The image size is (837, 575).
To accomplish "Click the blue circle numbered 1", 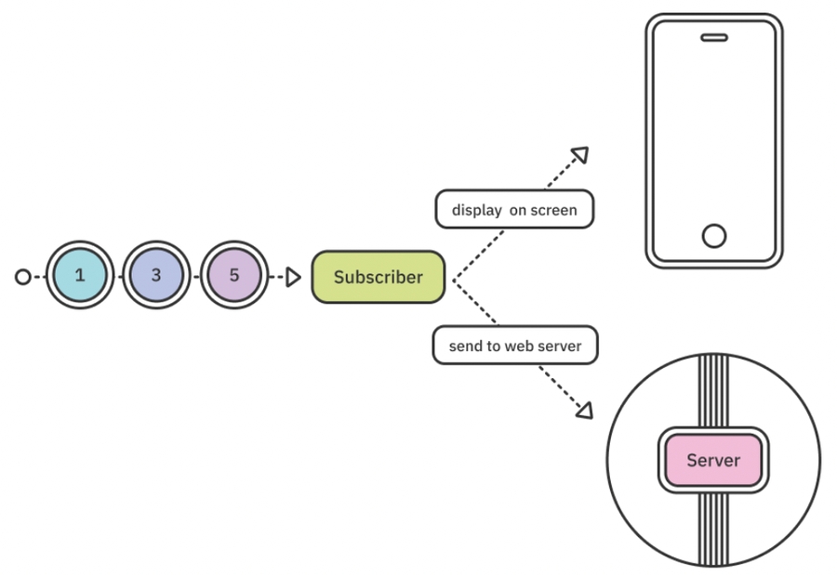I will (80, 276).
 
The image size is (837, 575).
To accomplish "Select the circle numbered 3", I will (156, 276).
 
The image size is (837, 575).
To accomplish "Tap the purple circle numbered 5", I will (234, 276).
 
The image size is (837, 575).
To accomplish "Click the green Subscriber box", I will (378, 277).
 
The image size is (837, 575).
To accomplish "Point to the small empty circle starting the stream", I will (23, 276).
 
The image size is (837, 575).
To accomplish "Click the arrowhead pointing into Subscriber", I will (293, 277).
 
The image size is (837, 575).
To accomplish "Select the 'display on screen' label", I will (514, 210).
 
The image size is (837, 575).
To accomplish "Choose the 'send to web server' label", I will (514, 346).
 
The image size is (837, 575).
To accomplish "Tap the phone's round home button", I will (713, 236).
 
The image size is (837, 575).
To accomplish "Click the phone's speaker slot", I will (713, 38).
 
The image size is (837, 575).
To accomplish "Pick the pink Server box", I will (713, 460).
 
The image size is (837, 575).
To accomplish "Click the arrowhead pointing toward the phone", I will (580, 154).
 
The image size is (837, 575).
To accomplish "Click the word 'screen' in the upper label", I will (554, 211).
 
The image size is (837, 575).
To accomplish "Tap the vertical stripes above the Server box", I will (713, 390).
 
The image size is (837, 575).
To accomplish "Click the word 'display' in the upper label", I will (476, 211).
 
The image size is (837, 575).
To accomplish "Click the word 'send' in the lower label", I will (465, 346).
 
